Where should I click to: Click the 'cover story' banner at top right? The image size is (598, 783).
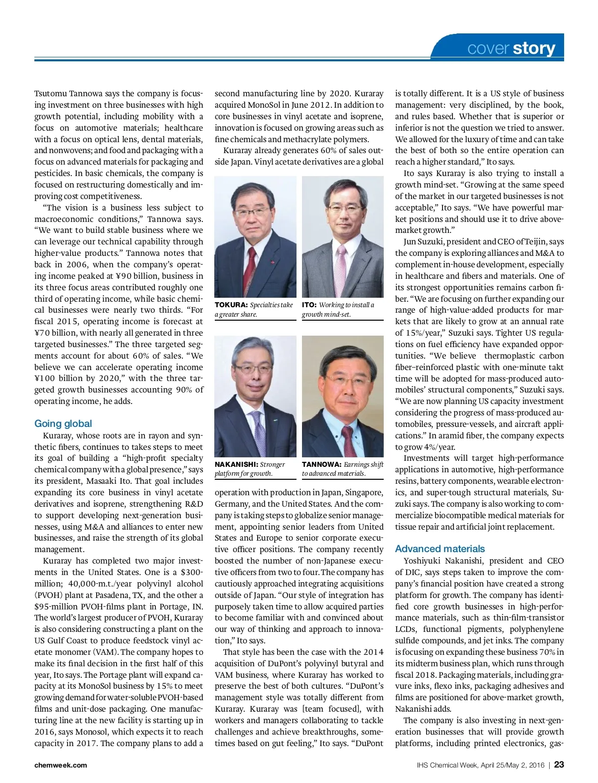[x=511, y=48]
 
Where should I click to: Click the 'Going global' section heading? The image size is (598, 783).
[x=63, y=423]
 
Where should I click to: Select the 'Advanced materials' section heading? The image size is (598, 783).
[x=440, y=549]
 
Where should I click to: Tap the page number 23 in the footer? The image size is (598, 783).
[x=559, y=765]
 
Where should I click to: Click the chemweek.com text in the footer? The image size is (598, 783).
[x=61, y=765]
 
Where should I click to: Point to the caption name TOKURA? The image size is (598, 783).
[x=231, y=305]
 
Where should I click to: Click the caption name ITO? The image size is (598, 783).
[x=309, y=305]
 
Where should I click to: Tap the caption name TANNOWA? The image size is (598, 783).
[x=321, y=464]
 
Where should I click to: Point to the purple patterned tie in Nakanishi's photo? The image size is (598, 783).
[x=259, y=429]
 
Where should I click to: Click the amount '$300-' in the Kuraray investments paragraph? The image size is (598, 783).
[x=192, y=572]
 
